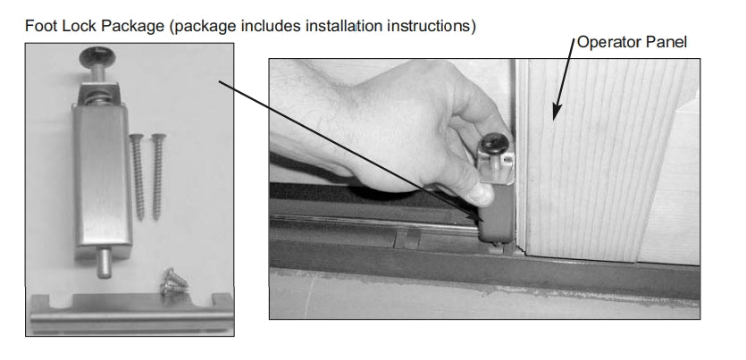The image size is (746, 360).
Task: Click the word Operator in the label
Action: [607, 42]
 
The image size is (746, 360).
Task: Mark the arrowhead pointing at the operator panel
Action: [555, 113]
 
